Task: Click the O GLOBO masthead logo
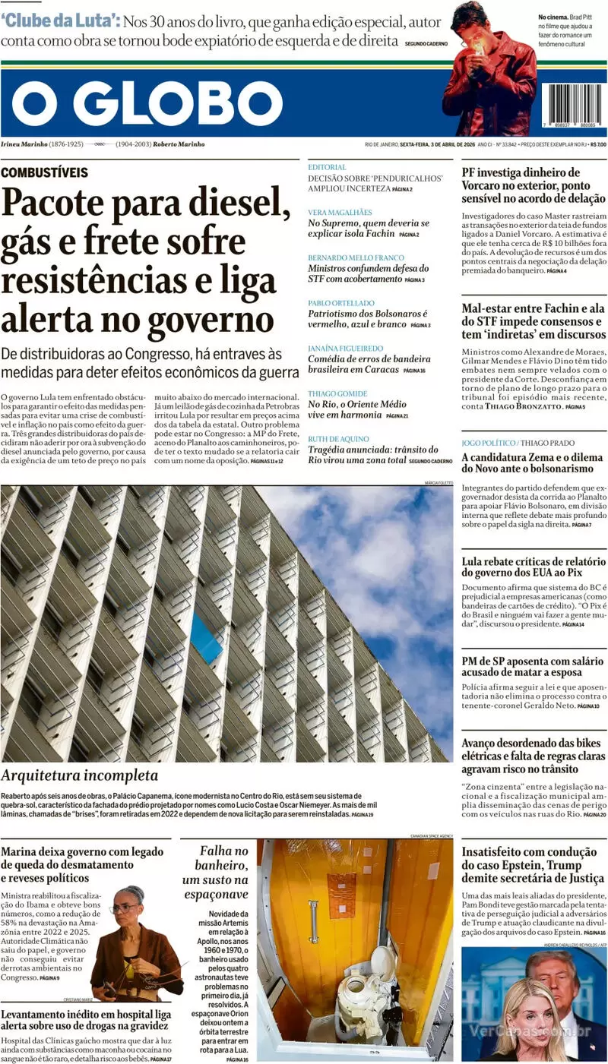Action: [x=147, y=103]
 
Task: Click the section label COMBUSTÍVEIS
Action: [x=44, y=172]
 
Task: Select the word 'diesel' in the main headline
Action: [x=236, y=204]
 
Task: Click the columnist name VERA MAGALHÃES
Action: [x=340, y=213]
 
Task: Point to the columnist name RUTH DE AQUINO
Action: [x=338, y=439]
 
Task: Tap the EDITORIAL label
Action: [x=327, y=167]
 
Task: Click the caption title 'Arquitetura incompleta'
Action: [x=80, y=775]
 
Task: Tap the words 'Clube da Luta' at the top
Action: [x=59, y=21]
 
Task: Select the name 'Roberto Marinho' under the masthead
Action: [x=179, y=144]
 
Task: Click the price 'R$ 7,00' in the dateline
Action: [x=597, y=144]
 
